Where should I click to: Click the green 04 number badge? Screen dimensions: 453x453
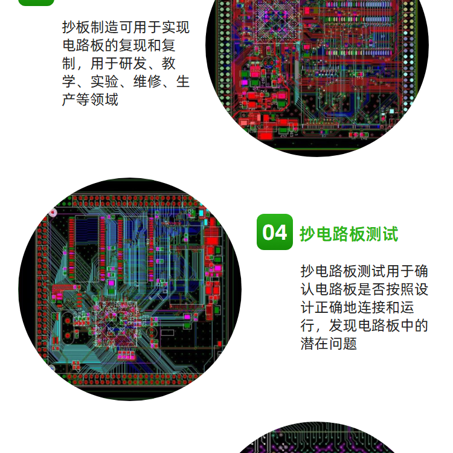tap(274, 232)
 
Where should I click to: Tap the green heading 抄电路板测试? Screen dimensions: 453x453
tap(349, 234)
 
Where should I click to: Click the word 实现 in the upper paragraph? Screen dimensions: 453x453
tap(176, 27)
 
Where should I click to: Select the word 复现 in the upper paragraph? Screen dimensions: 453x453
tap(133, 45)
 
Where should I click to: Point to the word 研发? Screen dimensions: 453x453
tap(133, 63)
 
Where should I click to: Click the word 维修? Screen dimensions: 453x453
tap(147, 82)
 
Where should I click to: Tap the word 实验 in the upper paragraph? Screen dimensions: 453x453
tap(104, 82)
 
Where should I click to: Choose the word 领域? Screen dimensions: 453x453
tap(104, 100)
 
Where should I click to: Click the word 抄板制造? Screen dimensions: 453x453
tap(91, 27)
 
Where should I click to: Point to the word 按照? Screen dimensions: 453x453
tap(400, 289)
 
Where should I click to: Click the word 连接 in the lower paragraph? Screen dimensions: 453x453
tap(371, 307)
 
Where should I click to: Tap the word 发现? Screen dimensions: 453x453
tap(343, 326)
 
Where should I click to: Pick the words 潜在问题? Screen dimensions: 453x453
tap(329, 344)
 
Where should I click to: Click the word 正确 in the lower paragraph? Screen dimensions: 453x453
tap(329, 307)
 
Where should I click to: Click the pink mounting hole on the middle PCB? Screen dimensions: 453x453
tap(53, 213)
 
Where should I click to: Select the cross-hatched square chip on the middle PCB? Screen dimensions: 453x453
tap(115, 324)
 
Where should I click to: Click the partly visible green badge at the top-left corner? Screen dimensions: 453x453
tap(36, 2)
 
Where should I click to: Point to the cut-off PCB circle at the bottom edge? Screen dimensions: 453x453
tap(317, 438)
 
